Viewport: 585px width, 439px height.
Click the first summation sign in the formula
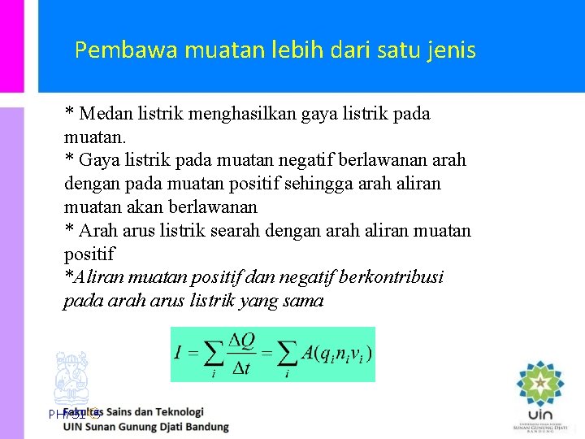click(212, 354)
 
